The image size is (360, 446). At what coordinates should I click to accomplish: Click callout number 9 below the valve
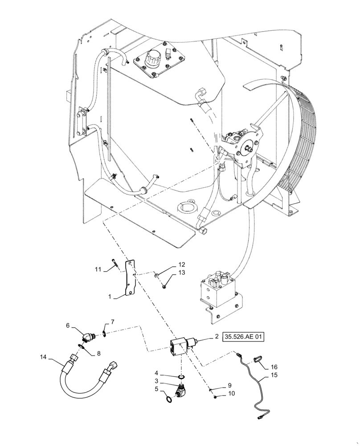point(229,385)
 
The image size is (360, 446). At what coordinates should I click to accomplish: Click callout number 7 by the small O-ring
point(113,322)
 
